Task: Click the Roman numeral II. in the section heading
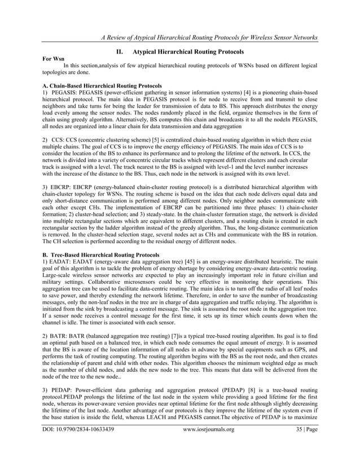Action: pyautogui.click(x=118, y=52)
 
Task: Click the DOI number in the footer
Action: pyautogui.click(x=82, y=446)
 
